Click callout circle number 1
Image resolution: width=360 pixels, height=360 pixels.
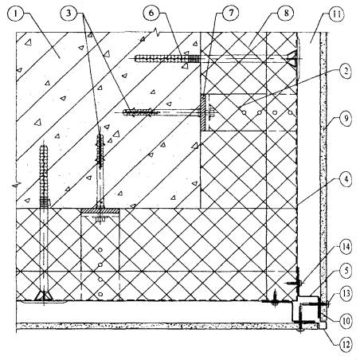coord(17,14)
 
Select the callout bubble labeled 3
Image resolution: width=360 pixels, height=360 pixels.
coord(68,14)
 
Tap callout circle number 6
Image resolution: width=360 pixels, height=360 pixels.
coord(151,13)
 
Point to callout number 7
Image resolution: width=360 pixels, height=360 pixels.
coord(230,13)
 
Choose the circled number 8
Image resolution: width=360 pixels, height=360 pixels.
coord(285,13)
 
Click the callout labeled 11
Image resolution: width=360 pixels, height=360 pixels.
coord(336,14)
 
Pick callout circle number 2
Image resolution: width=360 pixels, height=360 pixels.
coord(344,71)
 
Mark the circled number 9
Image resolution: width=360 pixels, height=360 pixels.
coord(346,119)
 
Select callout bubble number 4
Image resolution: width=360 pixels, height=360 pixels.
coord(346,179)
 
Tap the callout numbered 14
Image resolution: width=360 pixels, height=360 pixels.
coord(345,248)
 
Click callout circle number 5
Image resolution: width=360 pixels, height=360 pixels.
coord(346,271)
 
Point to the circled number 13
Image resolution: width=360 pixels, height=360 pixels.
coord(345,293)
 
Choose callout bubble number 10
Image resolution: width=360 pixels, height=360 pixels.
coord(346,321)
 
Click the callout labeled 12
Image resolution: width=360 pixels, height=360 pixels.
coord(346,345)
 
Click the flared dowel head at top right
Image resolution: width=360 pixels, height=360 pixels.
coord(292,58)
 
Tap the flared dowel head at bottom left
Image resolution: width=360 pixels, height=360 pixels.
coord(44,295)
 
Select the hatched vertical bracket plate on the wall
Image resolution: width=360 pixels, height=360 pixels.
coord(203,113)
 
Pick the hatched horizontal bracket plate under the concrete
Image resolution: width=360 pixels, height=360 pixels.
coord(100,211)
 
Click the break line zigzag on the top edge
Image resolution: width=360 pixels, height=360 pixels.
coord(157,33)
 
